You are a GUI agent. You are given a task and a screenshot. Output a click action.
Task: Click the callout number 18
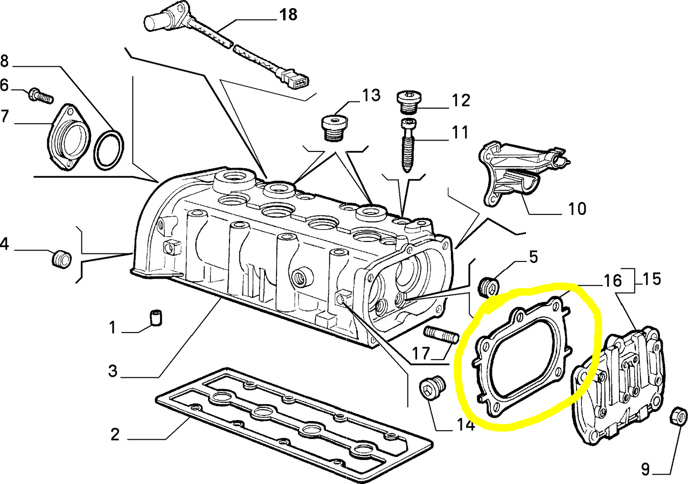[288, 14]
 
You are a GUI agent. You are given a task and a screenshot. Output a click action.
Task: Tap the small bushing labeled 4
[61, 259]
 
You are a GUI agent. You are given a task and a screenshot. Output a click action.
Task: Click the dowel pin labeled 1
[156, 318]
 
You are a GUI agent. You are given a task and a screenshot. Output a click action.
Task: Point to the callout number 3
[112, 370]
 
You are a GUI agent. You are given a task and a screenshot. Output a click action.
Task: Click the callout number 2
[115, 434]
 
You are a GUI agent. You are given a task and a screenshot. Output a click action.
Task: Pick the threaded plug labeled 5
[488, 286]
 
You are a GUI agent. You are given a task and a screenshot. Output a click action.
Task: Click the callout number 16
[613, 281]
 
